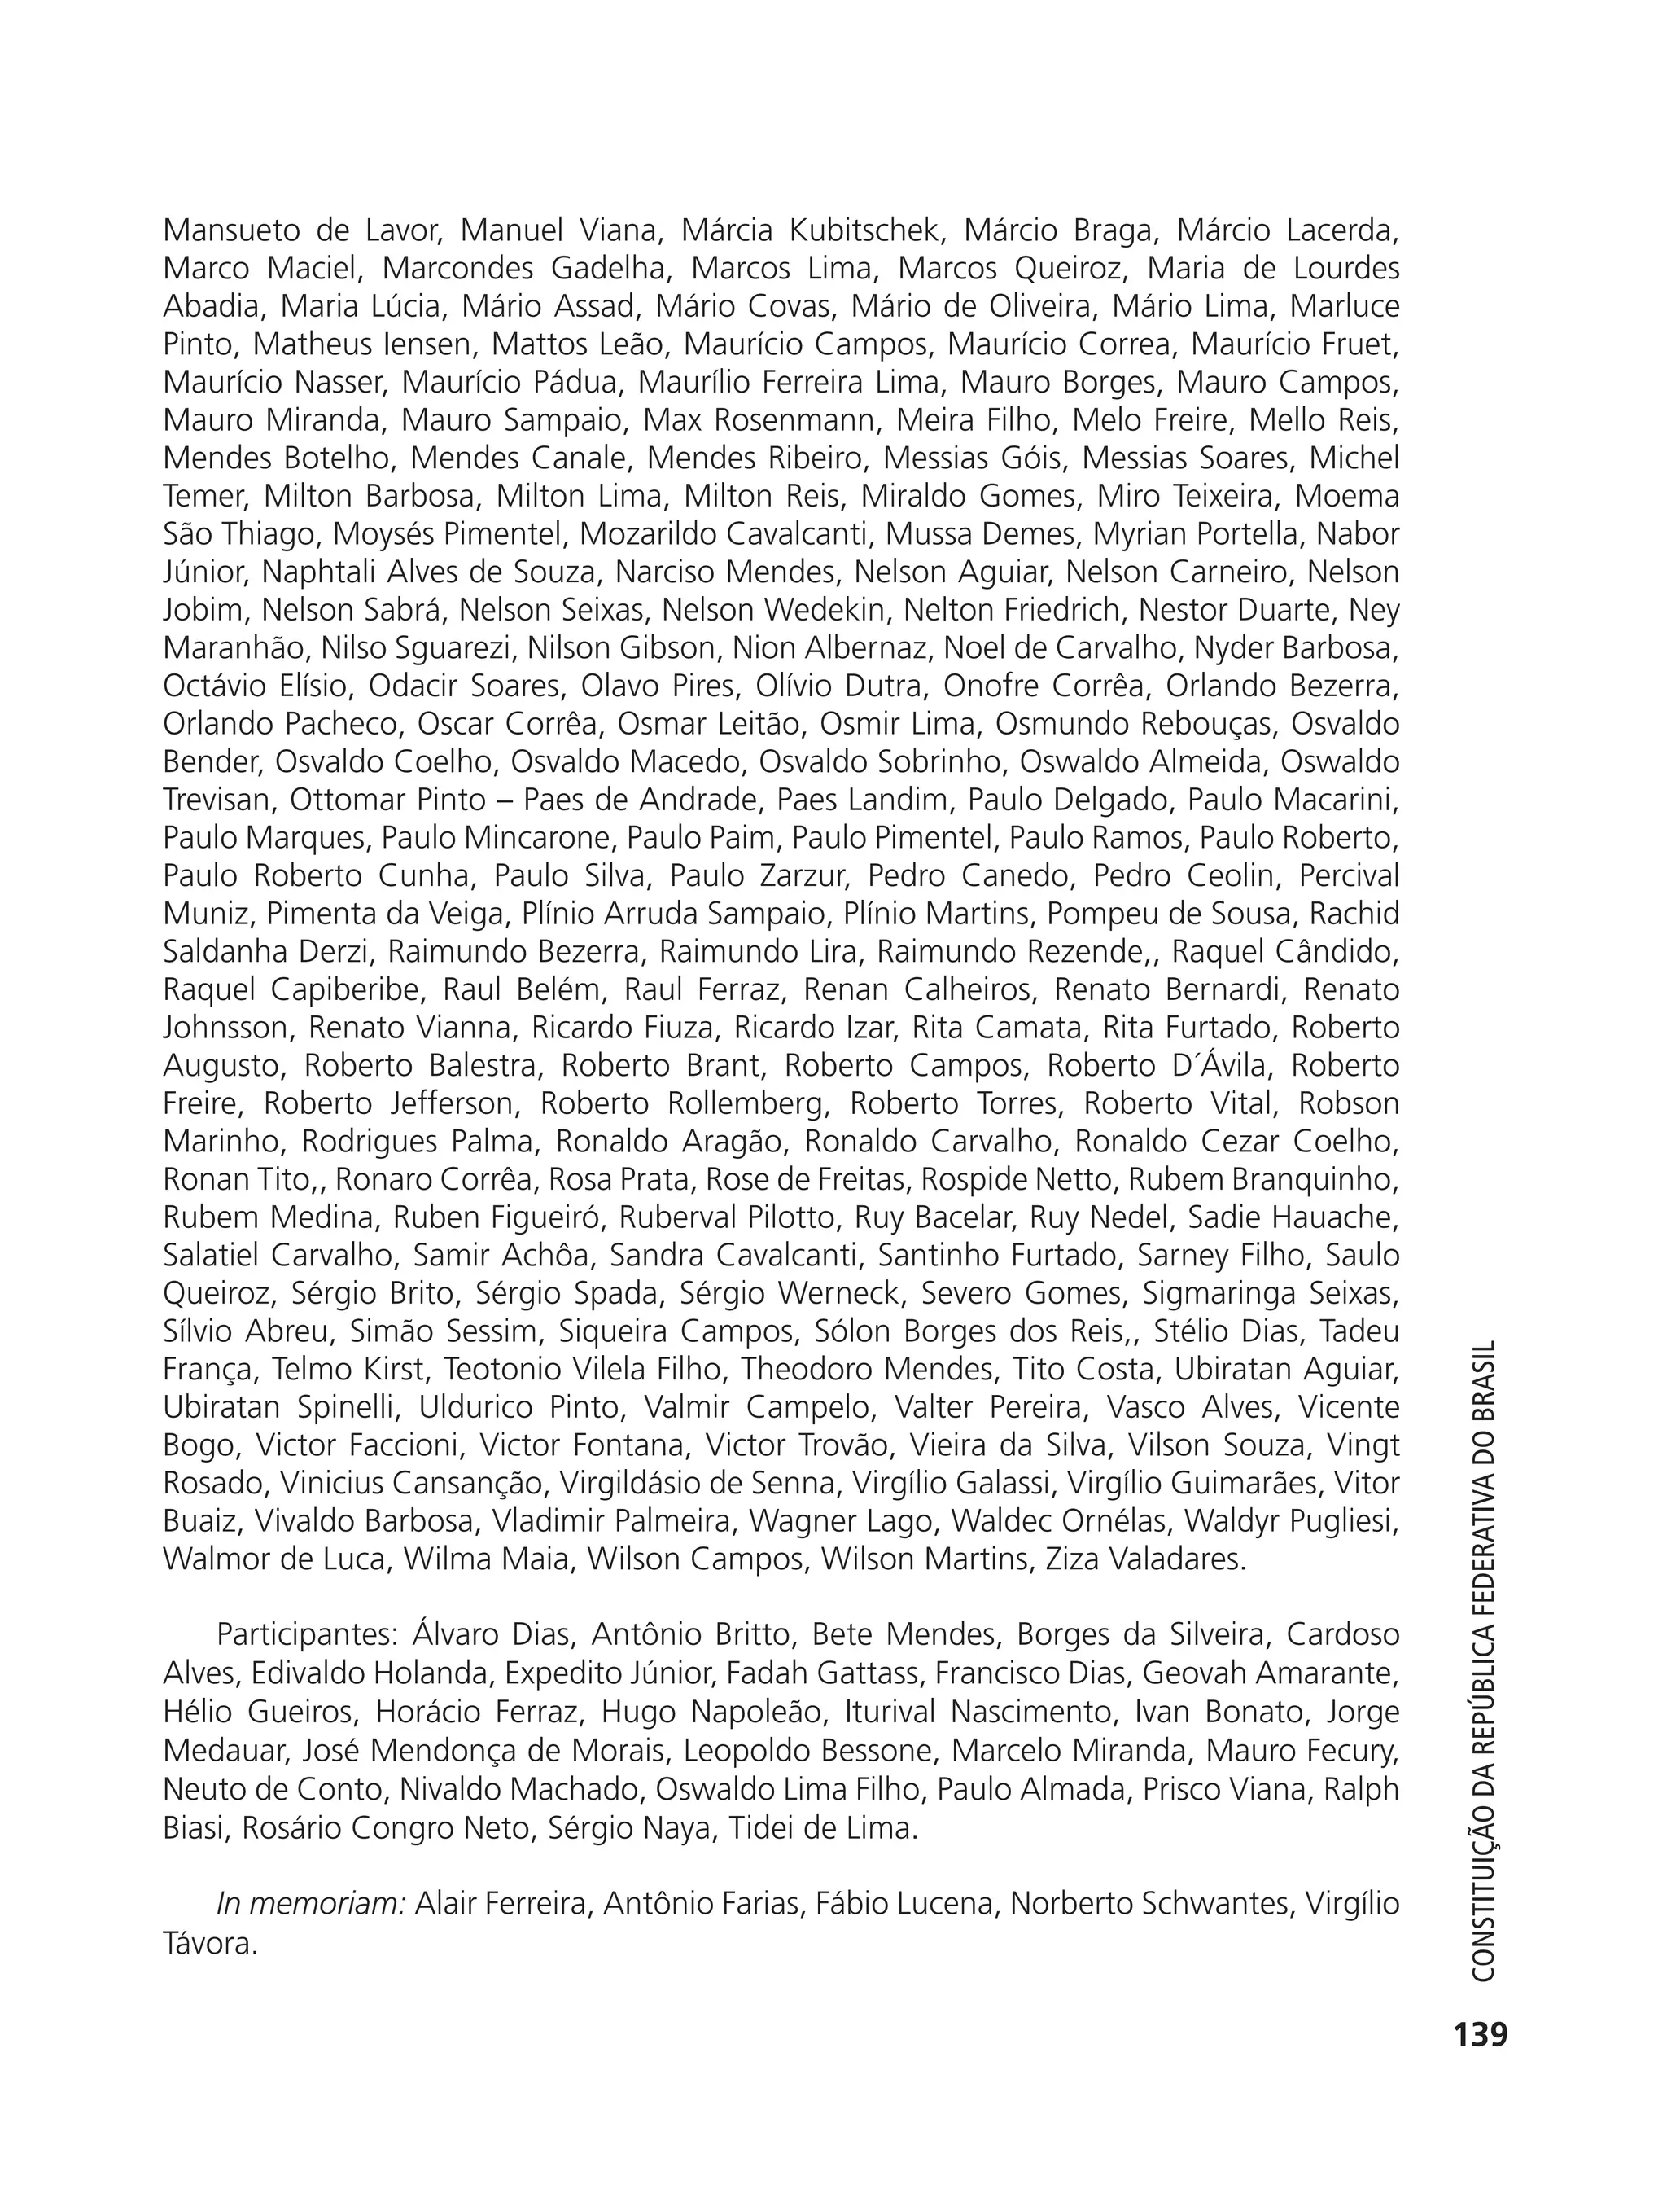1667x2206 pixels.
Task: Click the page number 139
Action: pyautogui.click(x=1481, y=2034)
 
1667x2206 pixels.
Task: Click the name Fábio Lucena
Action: pyautogui.click(x=906, y=1904)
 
